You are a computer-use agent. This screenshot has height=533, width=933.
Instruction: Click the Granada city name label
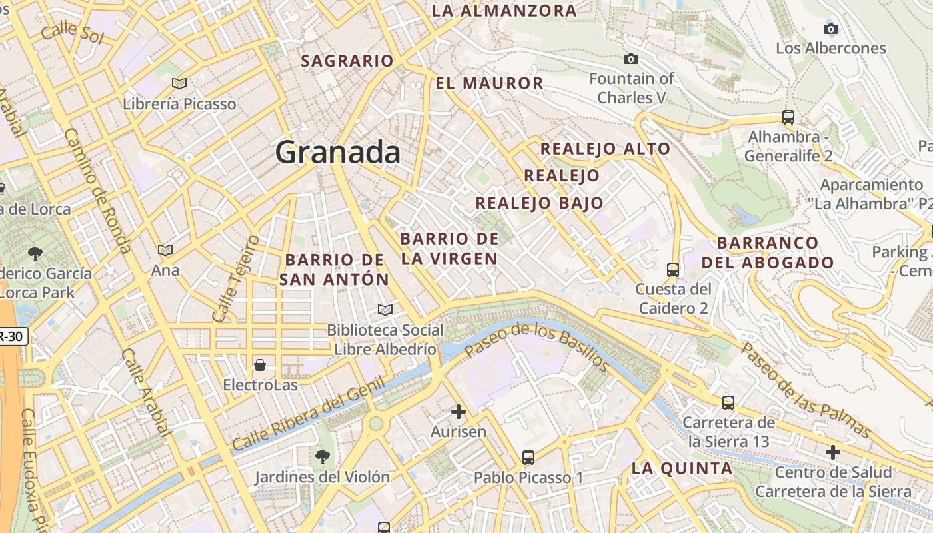click(338, 153)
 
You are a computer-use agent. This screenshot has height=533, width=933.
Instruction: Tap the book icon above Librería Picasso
click(179, 83)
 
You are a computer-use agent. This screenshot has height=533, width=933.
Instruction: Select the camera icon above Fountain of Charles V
click(631, 59)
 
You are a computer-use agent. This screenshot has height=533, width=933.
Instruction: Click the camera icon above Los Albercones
click(830, 29)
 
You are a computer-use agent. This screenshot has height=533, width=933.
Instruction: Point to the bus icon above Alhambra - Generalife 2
click(788, 117)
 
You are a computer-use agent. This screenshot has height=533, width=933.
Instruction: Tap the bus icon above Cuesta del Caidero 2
click(673, 270)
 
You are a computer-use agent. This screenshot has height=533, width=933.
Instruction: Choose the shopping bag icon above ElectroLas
click(260, 365)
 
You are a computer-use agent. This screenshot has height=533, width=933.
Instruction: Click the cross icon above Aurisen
click(459, 412)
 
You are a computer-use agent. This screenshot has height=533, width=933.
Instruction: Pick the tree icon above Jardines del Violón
click(323, 456)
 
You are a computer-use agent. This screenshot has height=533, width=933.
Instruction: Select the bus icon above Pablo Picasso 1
click(528, 458)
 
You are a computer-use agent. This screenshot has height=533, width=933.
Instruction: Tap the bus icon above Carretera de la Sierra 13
click(728, 403)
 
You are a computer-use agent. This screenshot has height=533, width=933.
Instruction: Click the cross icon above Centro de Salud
click(832, 452)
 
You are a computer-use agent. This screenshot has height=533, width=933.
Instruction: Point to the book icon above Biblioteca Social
click(385, 310)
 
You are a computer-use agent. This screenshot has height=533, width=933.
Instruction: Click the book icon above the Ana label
click(165, 250)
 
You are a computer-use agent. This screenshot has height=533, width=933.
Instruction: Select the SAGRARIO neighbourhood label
click(347, 61)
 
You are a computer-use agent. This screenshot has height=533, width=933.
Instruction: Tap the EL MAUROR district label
click(490, 83)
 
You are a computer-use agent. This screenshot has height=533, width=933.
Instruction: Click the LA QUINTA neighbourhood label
click(682, 468)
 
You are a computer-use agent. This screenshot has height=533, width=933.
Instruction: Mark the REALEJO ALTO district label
click(605, 149)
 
